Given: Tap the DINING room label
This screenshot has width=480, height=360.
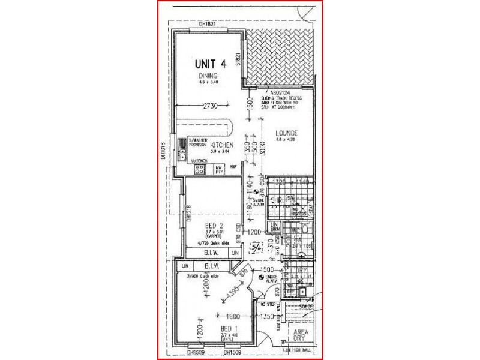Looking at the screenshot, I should pyautogui.click(x=208, y=76).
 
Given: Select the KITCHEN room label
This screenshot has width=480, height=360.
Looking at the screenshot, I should pyautogui.click(x=221, y=145).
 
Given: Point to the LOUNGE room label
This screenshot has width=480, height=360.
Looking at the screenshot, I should pyautogui.click(x=287, y=133).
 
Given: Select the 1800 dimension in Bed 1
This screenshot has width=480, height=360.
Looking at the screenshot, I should pyautogui.click(x=233, y=316).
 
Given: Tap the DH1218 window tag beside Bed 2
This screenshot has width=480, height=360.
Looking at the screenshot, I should pyautogui.click(x=188, y=215).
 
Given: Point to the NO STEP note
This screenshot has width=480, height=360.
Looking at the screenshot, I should pyautogui.click(x=267, y=305).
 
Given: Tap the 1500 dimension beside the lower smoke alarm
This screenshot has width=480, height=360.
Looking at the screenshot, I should pyautogui.click(x=267, y=271).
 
